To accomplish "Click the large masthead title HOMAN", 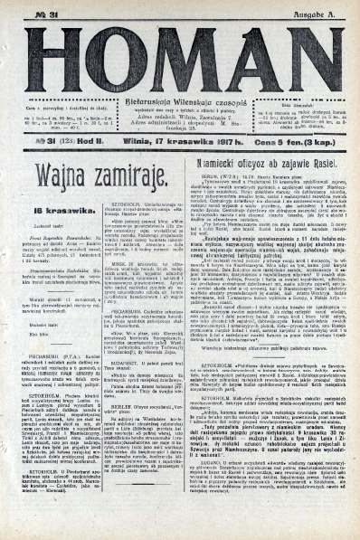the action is [x=180, y=57].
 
